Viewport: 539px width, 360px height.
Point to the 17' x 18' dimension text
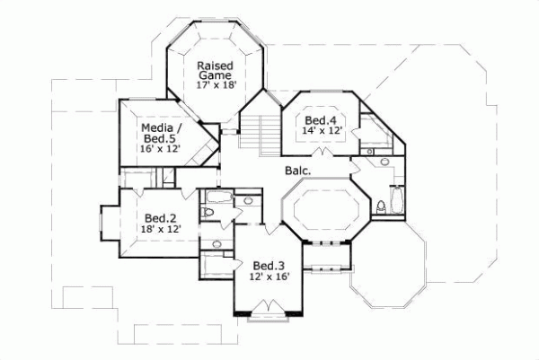pyautogui.click(x=215, y=84)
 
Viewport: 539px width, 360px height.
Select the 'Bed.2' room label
pyautogui.click(x=159, y=217)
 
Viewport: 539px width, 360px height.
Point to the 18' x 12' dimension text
pyautogui.click(x=159, y=230)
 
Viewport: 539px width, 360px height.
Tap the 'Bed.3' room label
pyautogui.click(x=267, y=265)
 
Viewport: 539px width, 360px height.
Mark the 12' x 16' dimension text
pyautogui.click(x=267, y=277)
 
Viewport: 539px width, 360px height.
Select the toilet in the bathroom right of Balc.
pyautogui.click(x=381, y=207)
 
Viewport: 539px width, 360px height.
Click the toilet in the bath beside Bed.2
pyautogui.click(x=208, y=212)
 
